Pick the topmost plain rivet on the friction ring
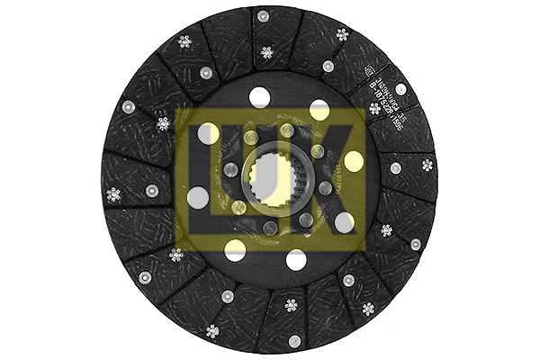pyautogui.click(x=263, y=15)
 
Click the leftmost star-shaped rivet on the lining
pyautogui.click(x=112, y=193)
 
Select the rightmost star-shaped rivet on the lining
pyautogui.click(x=427, y=165)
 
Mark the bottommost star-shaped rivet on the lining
pyautogui.click(x=212, y=330)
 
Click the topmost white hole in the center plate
pyautogui.click(x=261, y=96)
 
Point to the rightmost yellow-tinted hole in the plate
pyautogui.click(x=354, y=161)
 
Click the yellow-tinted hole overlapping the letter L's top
pyautogui.click(x=209, y=132)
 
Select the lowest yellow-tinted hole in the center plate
pyautogui.click(x=234, y=249)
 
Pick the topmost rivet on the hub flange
pyautogui.click(x=286, y=131)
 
